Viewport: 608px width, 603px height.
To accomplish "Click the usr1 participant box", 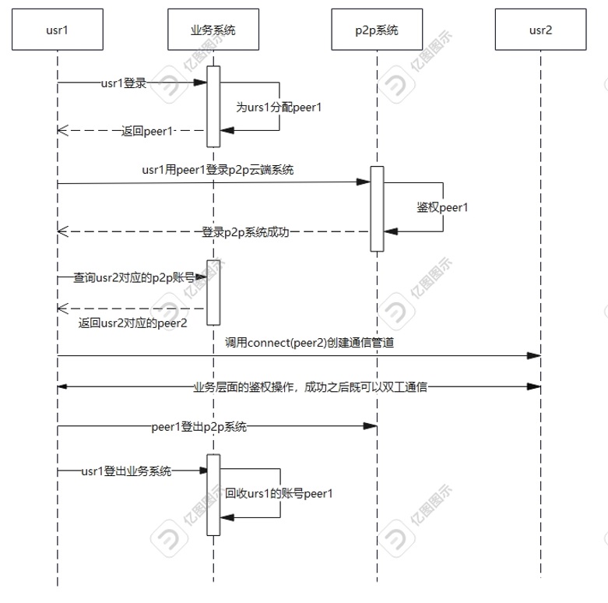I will [x=58, y=30].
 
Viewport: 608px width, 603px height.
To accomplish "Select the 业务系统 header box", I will [x=213, y=30].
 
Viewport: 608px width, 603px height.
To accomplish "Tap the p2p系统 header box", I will [x=377, y=30].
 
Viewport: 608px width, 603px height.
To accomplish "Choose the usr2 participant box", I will [x=540, y=30].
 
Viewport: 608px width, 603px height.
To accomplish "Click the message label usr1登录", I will [x=124, y=83].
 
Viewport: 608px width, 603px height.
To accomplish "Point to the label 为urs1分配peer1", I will [x=279, y=108].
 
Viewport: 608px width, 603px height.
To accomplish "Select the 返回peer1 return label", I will [x=147, y=131].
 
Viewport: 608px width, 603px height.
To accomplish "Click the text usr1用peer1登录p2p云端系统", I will [x=217, y=170].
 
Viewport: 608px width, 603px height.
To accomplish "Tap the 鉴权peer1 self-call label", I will [x=442, y=207].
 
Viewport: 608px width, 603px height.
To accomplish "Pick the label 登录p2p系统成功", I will [x=245, y=231].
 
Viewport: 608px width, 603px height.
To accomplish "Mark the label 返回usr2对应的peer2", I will [x=133, y=323].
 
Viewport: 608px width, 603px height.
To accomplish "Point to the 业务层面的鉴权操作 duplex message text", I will [x=310, y=386].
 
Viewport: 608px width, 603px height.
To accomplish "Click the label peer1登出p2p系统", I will [x=199, y=426].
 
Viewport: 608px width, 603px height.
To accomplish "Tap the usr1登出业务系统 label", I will [x=126, y=471].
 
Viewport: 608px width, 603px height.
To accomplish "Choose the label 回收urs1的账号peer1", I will [x=279, y=493].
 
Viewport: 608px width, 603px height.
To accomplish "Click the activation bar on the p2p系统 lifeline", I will [x=377, y=209].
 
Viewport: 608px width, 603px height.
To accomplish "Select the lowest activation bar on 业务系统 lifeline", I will [x=213, y=495].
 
